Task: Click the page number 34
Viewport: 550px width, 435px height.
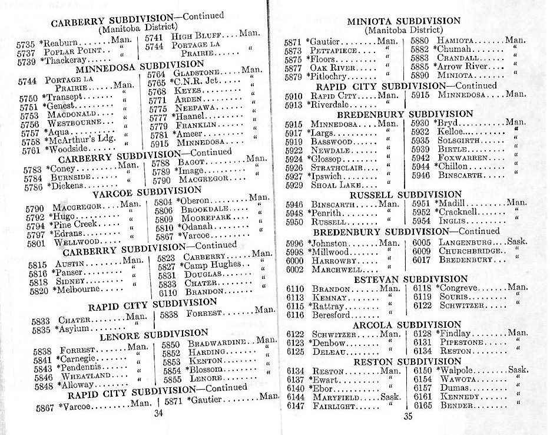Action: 158,413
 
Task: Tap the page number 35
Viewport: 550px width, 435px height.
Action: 409,417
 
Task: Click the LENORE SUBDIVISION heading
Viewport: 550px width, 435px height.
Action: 154,335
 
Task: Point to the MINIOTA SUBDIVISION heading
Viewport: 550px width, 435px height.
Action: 403,22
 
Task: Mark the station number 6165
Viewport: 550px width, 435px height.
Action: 423,406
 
